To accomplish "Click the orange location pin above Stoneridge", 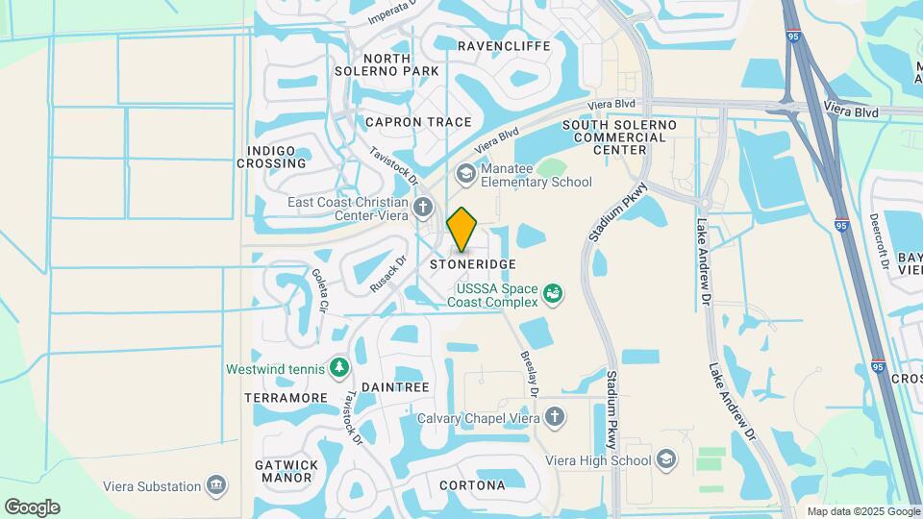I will tap(461, 229).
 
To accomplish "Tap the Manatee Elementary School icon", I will tap(466, 173).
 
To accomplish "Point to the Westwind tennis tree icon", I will tap(338, 367).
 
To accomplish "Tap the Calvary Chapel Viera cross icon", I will tap(554, 417).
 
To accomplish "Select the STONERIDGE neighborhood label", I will tap(473, 263).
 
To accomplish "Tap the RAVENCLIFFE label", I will tap(504, 45).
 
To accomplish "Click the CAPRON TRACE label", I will tap(418, 122).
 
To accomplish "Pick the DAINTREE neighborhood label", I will tap(395, 386).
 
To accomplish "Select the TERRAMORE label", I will tap(287, 398).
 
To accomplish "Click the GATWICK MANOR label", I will tap(287, 470).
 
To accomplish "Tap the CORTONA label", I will tap(472, 485).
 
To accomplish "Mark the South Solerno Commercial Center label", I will tap(619, 137).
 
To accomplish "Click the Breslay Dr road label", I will tap(529, 370).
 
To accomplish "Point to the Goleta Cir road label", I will tap(319, 289).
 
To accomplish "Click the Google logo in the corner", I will tap(32, 507).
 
